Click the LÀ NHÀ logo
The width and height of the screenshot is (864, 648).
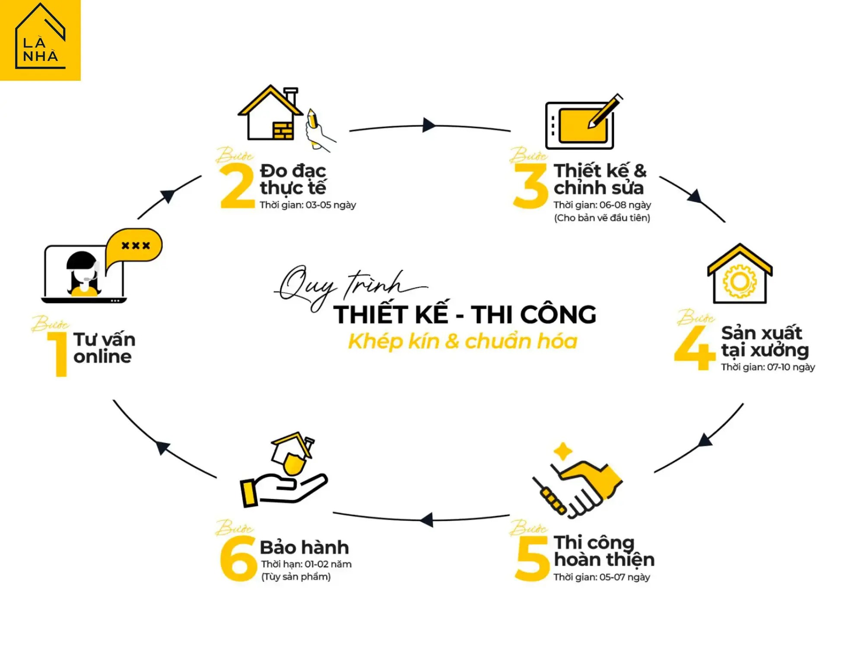click(x=40, y=40)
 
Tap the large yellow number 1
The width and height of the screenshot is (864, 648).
click(x=59, y=354)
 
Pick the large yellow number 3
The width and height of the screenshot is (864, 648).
click(x=530, y=186)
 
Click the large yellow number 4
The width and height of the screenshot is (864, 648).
click(x=694, y=348)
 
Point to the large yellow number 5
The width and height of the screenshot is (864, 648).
click(x=532, y=559)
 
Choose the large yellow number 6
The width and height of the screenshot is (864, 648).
click(x=238, y=559)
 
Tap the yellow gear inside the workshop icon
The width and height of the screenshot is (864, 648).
click(x=740, y=282)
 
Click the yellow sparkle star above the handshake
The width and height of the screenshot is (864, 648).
click(x=563, y=452)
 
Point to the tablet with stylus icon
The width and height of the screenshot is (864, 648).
click(x=583, y=122)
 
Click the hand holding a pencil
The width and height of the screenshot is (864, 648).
click(x=319, y=130)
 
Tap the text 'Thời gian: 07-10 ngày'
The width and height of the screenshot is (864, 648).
click(x=768, y=367)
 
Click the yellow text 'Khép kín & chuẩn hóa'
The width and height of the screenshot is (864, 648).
click(x=463, y=341)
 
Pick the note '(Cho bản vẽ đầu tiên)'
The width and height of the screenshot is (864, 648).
click(x=602, y=218)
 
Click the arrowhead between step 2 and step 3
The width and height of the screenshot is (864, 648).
click(x=429, y=125)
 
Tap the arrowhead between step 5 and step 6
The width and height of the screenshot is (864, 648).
click(x=427, y=520)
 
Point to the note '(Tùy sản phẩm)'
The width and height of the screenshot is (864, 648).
click(x=296, y=577)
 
